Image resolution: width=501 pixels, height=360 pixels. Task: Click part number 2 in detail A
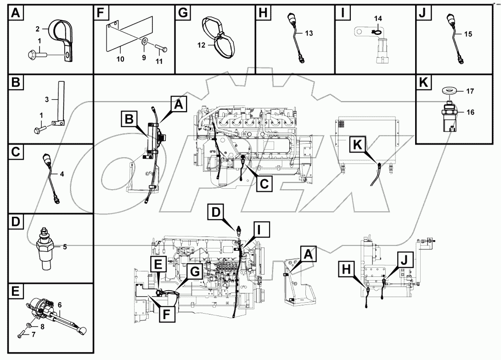point(38,28)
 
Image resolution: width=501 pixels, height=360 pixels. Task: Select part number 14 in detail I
point(377,18)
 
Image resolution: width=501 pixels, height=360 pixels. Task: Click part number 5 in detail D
point(65,247)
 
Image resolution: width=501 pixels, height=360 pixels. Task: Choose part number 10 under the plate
point(120,59)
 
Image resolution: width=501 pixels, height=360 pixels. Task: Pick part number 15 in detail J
point(468,34)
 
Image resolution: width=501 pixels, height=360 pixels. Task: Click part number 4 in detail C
point(62,174)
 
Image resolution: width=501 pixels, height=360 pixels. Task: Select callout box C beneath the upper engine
point(264,184)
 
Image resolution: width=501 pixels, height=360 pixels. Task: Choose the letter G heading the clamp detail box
point(183,12)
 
